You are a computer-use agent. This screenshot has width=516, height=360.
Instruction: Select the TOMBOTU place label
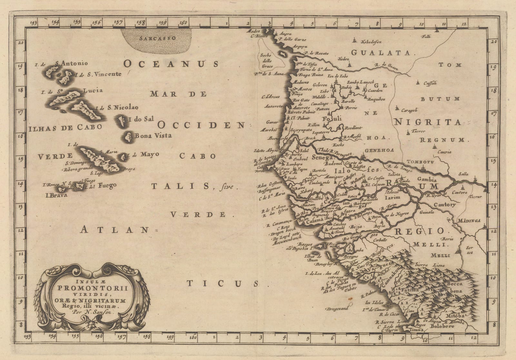[421, 162]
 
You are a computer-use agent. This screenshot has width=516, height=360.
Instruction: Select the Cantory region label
[445, 205]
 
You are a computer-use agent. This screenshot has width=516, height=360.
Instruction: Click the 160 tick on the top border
[184, 23]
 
